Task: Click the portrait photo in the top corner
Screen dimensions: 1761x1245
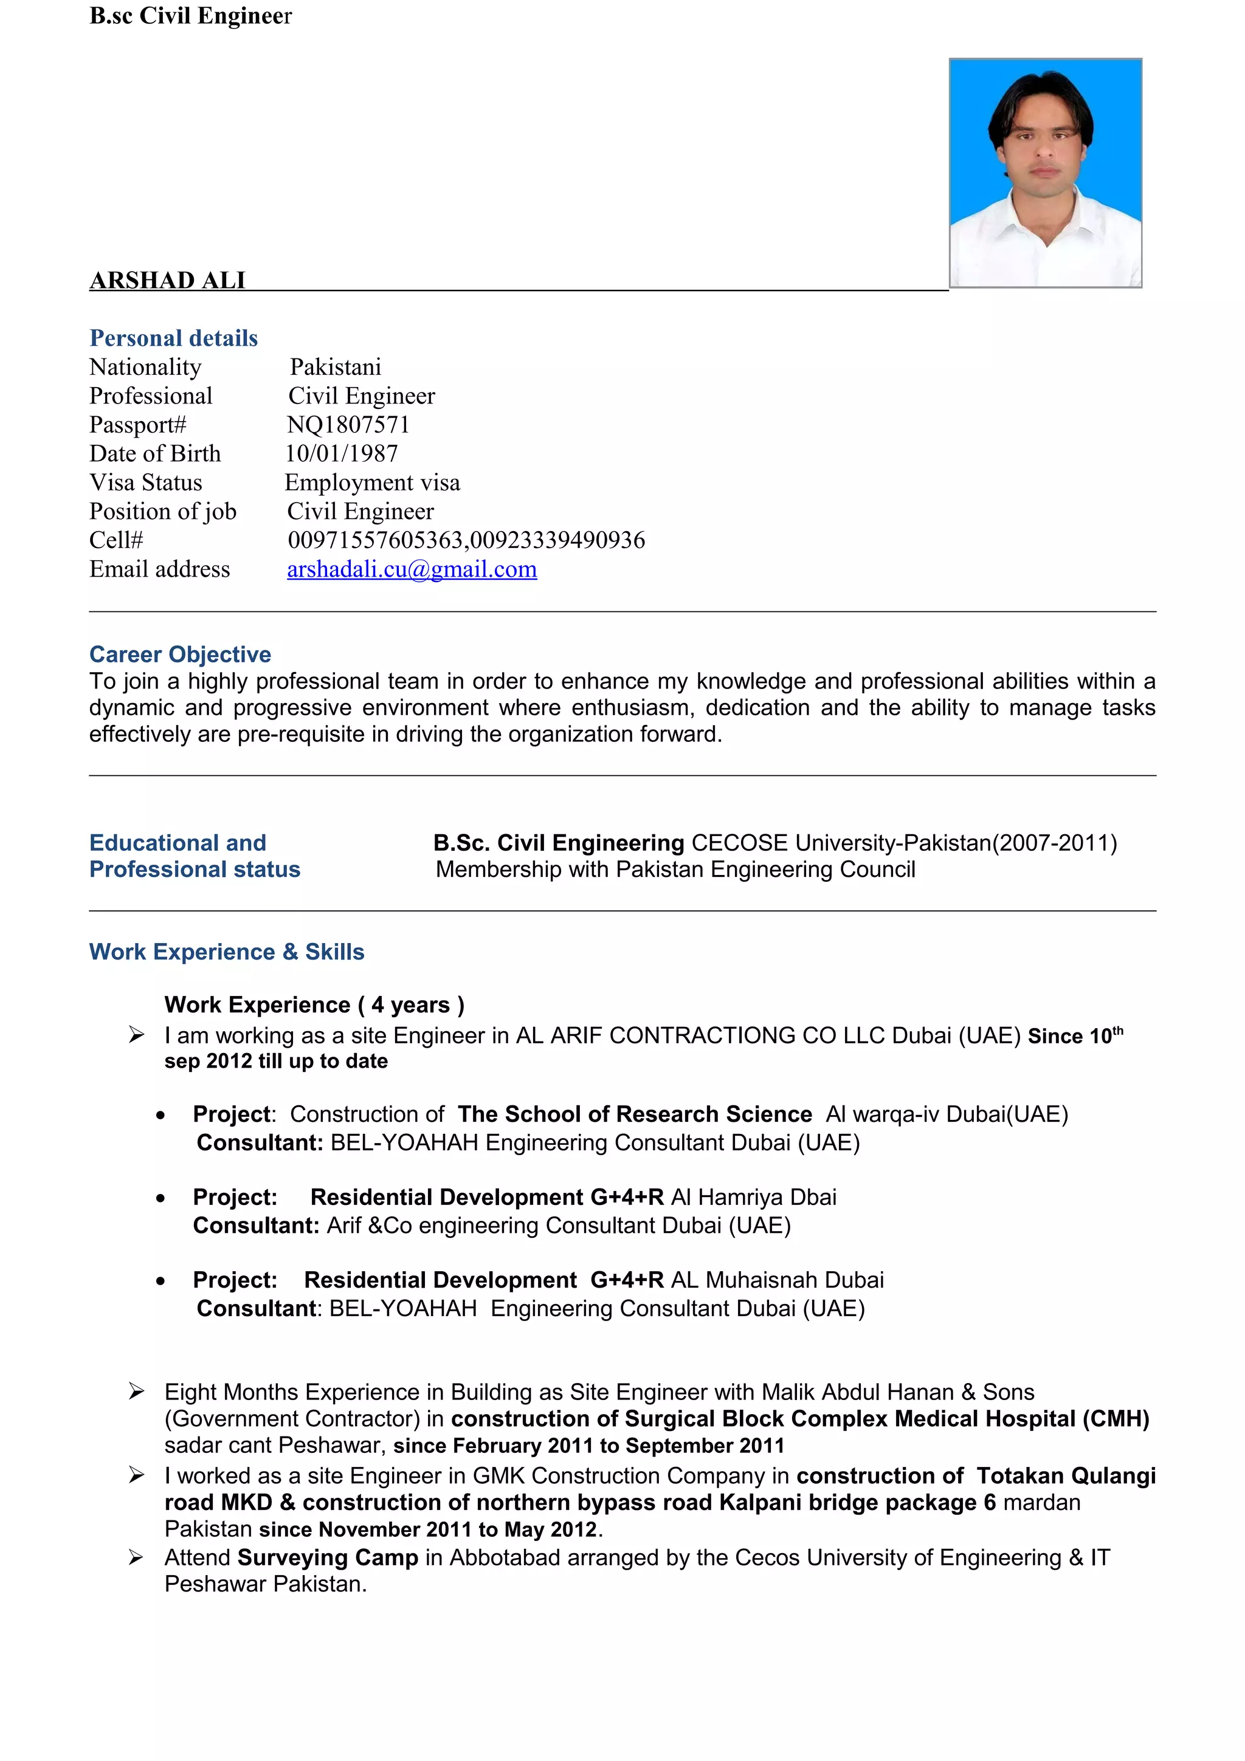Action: click(x=1045, y=173)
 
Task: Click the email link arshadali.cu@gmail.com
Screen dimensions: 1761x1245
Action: click(x=412, y=569)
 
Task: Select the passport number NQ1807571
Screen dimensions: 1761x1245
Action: click(x=348, y=424)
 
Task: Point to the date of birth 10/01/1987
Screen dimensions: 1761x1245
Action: click(x=342, y=453)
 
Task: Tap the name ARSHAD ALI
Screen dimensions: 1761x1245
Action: click(x=167, y=280)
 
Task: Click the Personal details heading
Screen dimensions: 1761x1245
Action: click(x=173, y=338)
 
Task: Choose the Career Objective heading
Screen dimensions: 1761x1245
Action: click(x=181, y=654)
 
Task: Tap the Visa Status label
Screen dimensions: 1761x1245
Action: click(x=146, y=482)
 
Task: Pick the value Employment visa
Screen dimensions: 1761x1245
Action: click(x=372, y=482)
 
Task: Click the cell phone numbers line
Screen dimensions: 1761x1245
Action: click(x=466, y=540)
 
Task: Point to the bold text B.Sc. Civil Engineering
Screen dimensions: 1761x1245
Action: click(x=559, y=843)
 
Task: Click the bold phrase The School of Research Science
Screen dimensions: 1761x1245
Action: click(x=635, y=1114)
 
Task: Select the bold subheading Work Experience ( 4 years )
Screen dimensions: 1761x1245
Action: click(x=314, y=1004)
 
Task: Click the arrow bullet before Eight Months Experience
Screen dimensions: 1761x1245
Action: click(x=137, y=1392)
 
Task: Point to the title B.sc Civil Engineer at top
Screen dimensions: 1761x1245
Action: click(x=190, y=15)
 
